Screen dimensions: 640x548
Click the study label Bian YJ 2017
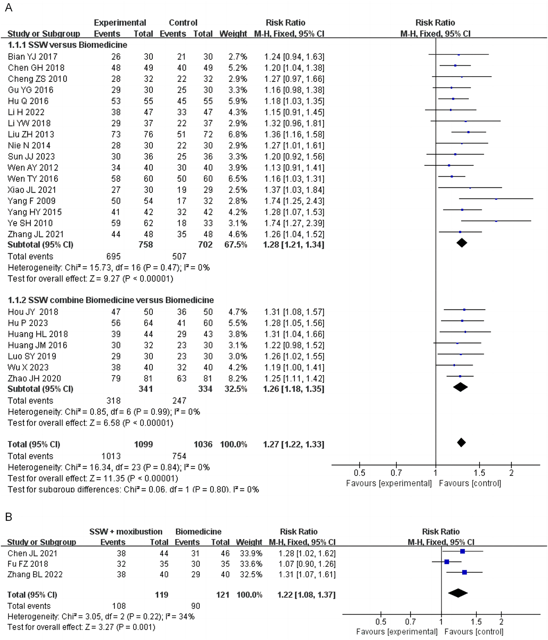33,57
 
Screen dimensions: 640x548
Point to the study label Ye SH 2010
30,223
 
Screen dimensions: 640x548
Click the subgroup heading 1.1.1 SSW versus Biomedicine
67,45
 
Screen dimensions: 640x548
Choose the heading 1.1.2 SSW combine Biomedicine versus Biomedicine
111,300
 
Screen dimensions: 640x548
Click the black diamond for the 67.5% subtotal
461,243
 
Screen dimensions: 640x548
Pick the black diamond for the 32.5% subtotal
461,387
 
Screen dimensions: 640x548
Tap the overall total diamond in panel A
461,443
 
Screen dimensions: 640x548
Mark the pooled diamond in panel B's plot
458,593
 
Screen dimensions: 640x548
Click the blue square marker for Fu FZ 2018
447,562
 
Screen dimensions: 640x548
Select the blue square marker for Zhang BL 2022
464,572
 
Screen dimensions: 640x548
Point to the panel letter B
8,517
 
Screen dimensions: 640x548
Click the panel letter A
8,8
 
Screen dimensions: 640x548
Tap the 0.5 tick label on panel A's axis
359,473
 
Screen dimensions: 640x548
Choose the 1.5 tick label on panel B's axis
476,622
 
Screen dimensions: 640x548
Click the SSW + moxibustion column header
126,532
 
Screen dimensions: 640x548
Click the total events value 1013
111,456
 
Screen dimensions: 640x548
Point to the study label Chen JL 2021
32,553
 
